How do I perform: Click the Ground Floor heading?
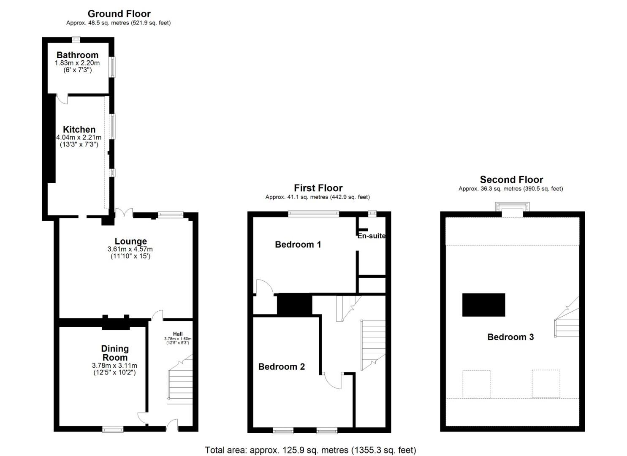tap(119, 14)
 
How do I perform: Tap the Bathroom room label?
tap(78, 55)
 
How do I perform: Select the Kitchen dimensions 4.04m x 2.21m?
tap(79, 138)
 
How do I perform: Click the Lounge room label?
tap(131, 241)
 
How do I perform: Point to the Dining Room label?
tap(115, 353)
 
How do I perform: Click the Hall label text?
tap(178, 334)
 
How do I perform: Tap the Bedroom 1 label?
tap(298, 244)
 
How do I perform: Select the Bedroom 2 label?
tap(281, 367)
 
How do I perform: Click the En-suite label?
tap(372, 236)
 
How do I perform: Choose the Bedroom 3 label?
tap(510, 337)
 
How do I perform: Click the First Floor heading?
tap(318, 188)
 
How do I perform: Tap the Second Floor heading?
tap(511, 179)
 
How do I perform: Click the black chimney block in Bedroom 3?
tap(483, 305)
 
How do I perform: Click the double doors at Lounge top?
tap(124, 212)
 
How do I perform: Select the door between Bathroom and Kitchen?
tap(62, 99)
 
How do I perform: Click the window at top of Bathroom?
tap(76, 40)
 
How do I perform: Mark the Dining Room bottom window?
tap(113, 429)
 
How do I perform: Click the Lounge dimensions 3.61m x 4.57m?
tap(130, 249)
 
